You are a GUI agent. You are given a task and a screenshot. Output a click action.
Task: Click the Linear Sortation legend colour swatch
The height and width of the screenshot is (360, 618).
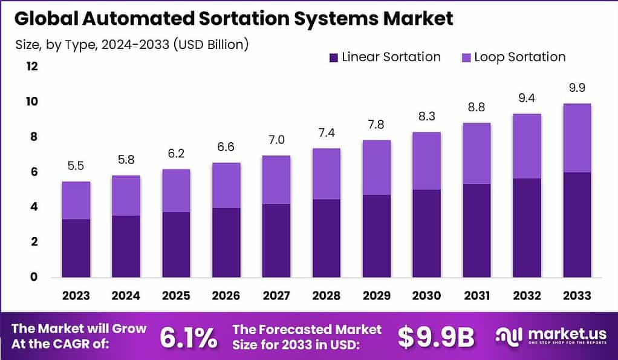333,57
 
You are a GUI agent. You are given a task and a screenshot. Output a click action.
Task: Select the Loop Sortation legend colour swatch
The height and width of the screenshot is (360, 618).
466,57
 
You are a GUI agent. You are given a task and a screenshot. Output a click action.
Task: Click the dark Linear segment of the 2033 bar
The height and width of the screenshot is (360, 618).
576,224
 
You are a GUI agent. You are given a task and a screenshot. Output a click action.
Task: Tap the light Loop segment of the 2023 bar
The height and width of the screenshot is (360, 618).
76,200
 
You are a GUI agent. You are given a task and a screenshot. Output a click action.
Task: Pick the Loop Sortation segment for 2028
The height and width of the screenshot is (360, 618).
326,174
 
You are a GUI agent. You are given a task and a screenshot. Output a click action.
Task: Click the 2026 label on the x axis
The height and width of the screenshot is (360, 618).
226,296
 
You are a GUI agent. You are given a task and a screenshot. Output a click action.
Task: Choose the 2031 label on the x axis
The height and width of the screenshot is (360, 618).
477,296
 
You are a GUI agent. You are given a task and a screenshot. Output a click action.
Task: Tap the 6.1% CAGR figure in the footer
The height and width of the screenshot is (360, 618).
188,338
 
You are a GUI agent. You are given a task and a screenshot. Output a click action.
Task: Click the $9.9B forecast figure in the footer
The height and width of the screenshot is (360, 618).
436,338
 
